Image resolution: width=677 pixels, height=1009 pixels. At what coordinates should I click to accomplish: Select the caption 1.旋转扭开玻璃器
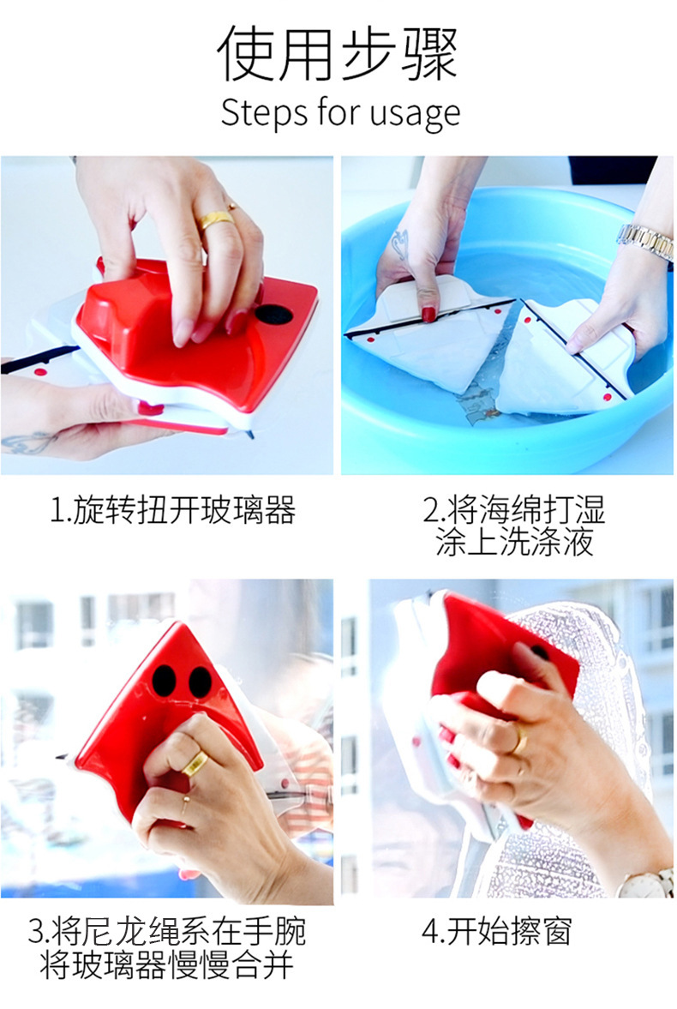172,510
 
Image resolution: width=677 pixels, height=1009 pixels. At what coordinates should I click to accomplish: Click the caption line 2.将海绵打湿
513,510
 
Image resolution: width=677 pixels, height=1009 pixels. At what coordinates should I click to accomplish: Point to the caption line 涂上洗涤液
513,543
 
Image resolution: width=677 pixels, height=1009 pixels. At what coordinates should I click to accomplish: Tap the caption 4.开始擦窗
496,931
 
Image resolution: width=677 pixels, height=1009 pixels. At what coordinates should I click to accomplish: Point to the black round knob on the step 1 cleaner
273,315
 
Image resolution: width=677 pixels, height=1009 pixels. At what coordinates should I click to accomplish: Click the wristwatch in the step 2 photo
646,242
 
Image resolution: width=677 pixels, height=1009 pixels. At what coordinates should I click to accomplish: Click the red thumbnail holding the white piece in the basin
428,315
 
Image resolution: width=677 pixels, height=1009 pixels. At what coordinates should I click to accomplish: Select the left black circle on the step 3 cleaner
165,679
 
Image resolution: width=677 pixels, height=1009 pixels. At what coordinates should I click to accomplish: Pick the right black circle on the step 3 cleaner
201,682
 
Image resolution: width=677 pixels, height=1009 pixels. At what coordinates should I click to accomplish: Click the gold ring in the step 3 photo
195,765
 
